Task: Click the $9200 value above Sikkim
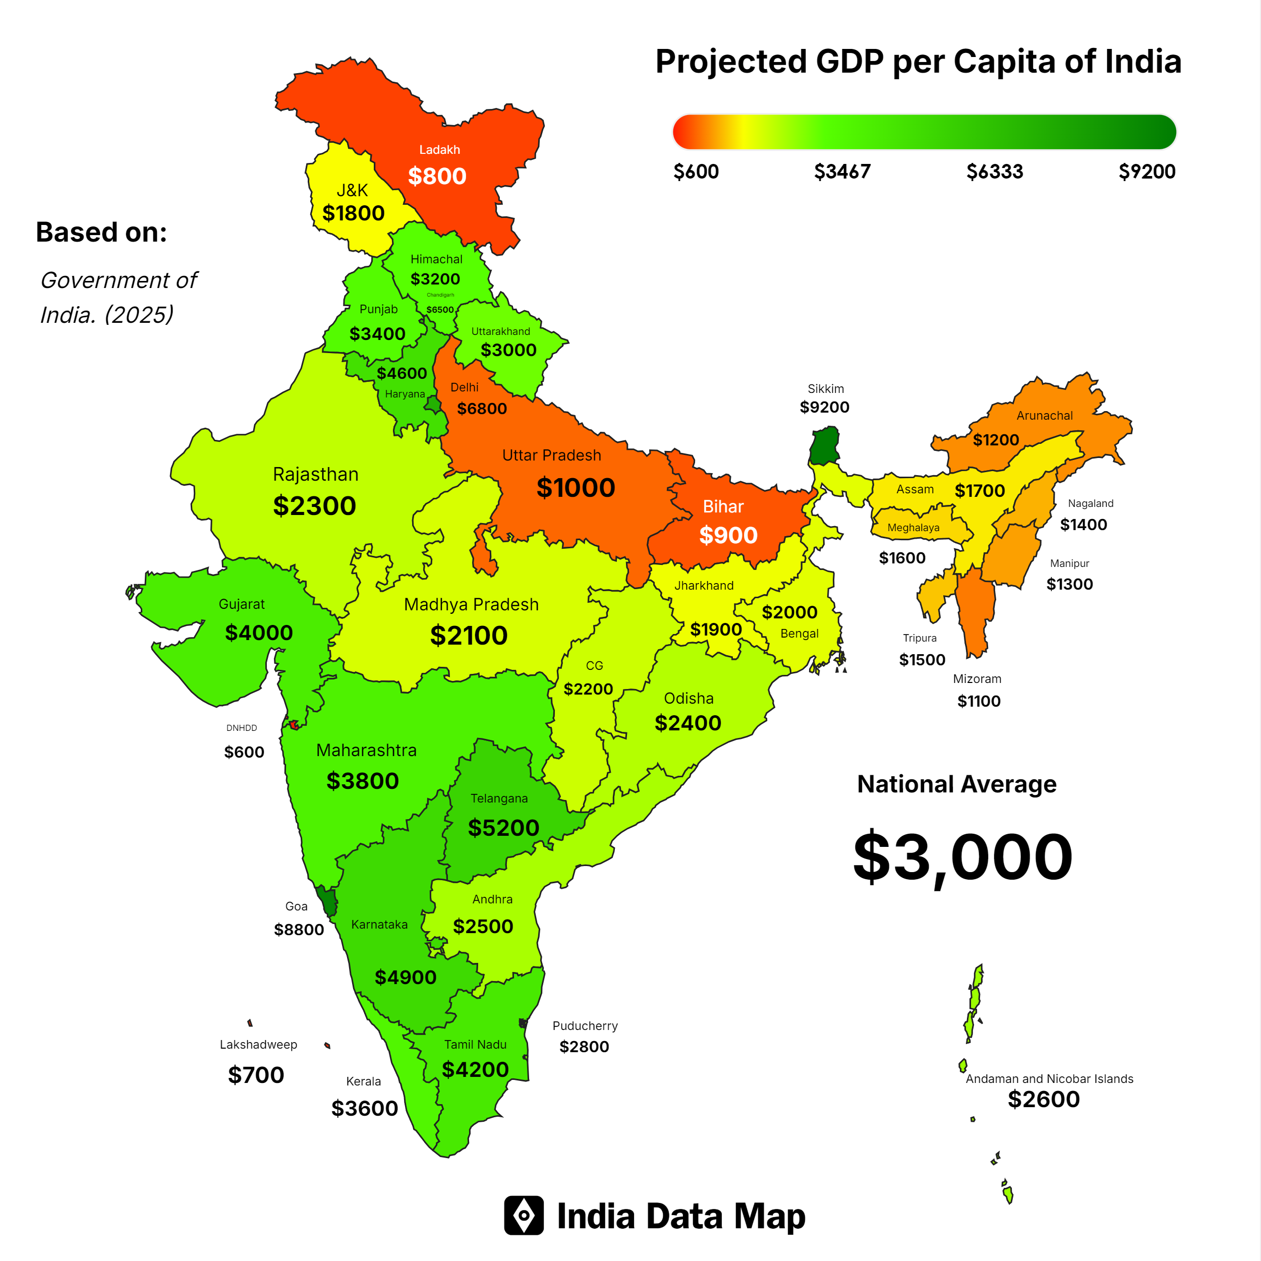point(824,407)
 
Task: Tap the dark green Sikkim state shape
point(825,445)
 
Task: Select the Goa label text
point(296,906)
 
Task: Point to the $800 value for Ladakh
point(437,176)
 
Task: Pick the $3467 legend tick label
point(842,171)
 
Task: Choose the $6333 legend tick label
point(994,171)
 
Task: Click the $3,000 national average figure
point(963,856)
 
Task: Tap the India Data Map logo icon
point(524,1215)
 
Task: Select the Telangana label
point(499,798)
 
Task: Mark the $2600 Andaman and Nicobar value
point(1044,1100)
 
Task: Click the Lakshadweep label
point(258,1044)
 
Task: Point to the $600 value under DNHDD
point(244,752)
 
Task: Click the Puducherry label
point(585,1025)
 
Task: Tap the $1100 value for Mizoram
point(979,701)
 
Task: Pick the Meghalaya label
point(913,528)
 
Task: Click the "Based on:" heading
point(102,233)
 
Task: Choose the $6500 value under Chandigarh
point(440,309)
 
